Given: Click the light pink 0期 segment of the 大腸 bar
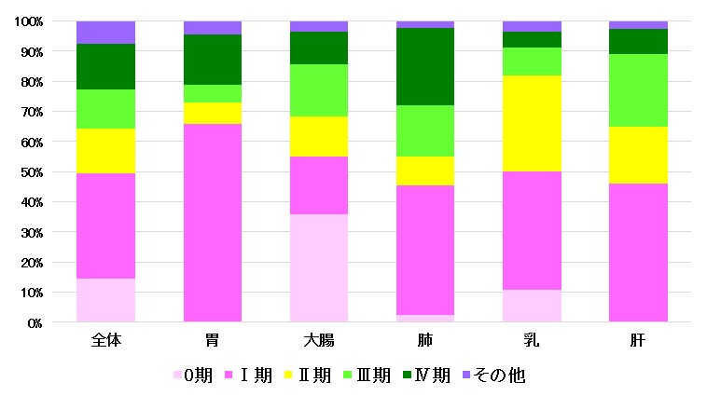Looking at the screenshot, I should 319,268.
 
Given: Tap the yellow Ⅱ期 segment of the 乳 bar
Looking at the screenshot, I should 532,123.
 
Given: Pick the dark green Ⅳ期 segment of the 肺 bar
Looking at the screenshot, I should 425,66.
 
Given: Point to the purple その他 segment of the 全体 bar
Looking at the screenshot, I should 106,33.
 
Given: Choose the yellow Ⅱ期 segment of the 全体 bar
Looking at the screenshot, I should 106,151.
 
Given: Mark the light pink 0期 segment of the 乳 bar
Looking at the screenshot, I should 532,307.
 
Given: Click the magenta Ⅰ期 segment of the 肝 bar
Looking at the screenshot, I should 638,253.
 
